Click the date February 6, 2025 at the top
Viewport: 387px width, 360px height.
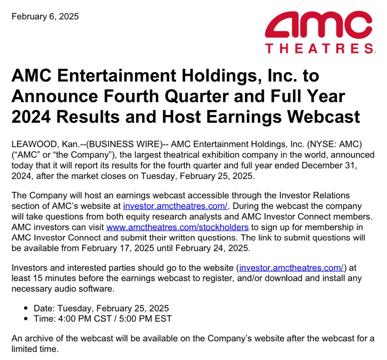45,16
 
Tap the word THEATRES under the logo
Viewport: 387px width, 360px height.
319,49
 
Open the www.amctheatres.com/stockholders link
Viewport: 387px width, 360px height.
177,227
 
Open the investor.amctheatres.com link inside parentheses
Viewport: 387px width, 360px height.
292,268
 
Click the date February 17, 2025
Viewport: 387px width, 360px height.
118,248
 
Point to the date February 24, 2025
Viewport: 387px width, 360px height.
212,248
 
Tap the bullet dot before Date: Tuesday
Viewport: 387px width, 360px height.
26,308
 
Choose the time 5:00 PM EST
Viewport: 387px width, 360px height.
146,319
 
